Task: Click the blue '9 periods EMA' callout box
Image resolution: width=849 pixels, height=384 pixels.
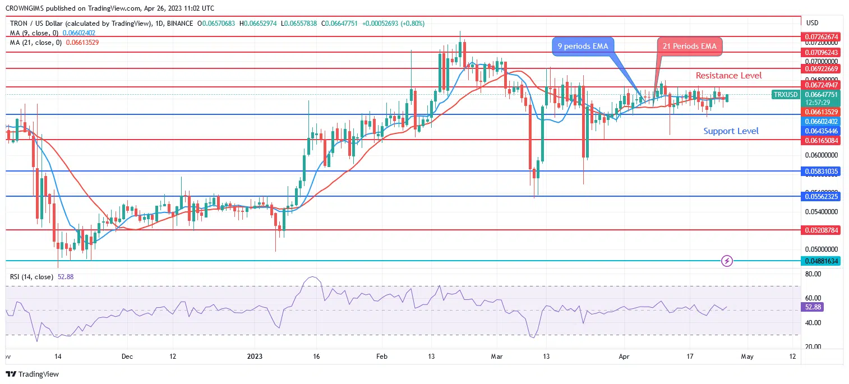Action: click(582, 46)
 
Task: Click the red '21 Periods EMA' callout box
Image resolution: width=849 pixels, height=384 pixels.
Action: click(689, 46)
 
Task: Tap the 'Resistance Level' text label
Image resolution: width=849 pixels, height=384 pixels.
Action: click(728, 75)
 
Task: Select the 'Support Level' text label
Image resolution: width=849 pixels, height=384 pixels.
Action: click(731, 131)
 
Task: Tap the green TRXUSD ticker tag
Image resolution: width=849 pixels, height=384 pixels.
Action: click(785, 95)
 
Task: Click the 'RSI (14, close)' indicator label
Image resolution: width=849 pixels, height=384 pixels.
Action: click(32, 276)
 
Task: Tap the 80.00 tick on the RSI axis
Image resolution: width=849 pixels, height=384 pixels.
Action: click(813, 274)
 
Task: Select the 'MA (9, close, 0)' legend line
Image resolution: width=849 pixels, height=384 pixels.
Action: click(33, 33)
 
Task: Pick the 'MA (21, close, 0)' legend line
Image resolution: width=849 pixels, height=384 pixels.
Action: click(34, 42)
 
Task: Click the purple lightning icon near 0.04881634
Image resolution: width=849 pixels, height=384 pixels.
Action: click(727, 261)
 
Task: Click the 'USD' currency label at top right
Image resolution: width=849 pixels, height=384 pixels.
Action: click(812, 23)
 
